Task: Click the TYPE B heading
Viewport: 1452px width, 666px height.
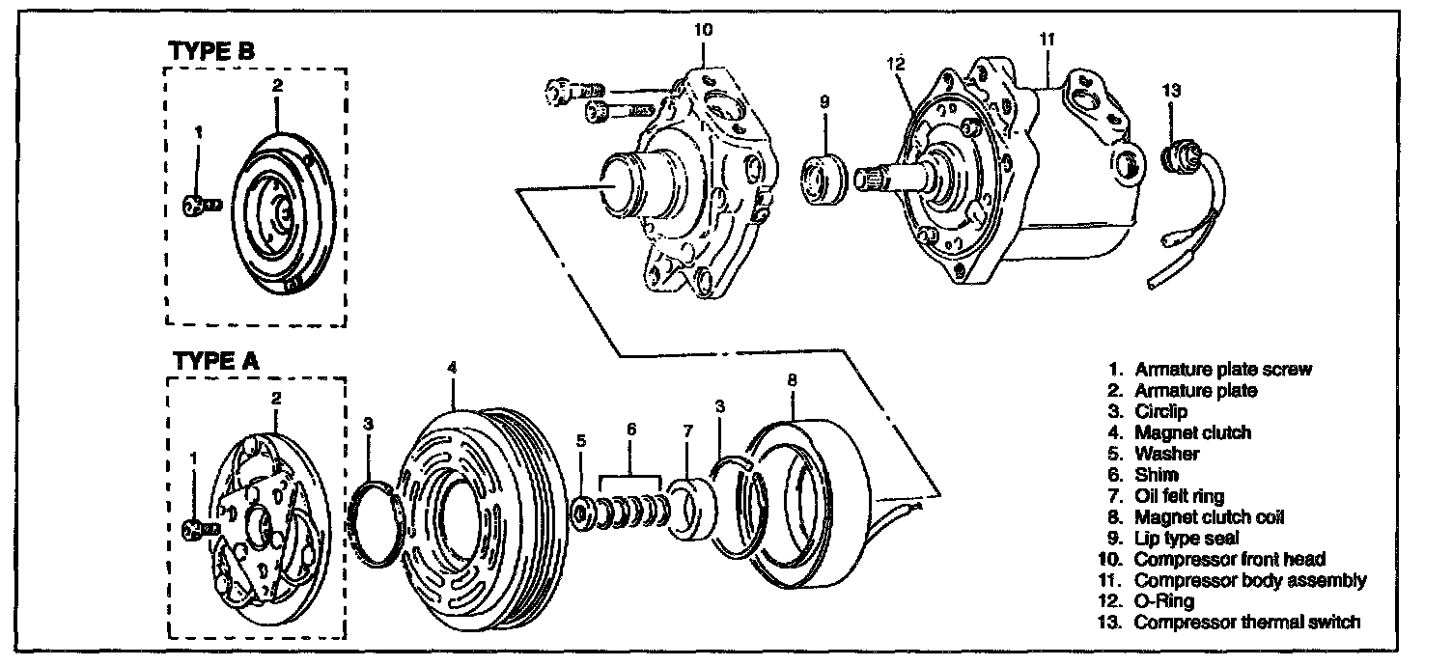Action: point(212,52)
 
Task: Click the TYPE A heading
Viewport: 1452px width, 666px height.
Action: point(215,361)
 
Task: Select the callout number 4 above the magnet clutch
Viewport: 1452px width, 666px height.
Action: point(452,367)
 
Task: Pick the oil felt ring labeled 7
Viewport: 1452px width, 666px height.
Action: point(693,511)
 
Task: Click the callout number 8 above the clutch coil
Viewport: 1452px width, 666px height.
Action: point(792,380)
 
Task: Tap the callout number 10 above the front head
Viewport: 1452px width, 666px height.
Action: point(704,30)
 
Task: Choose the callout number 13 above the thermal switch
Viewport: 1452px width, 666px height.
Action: point(1171,90)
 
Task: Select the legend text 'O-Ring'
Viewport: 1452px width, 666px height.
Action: point(1164,600)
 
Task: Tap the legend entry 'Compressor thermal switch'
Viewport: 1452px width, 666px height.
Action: point(1246,622)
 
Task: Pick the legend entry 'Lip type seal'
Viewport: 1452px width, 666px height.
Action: point(1187,538)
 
